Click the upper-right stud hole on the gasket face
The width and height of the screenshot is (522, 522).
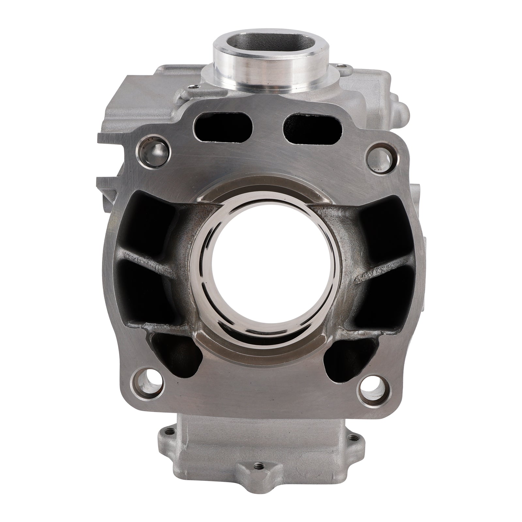click(379, 155)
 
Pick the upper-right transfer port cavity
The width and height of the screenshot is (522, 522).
click(375, 225)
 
